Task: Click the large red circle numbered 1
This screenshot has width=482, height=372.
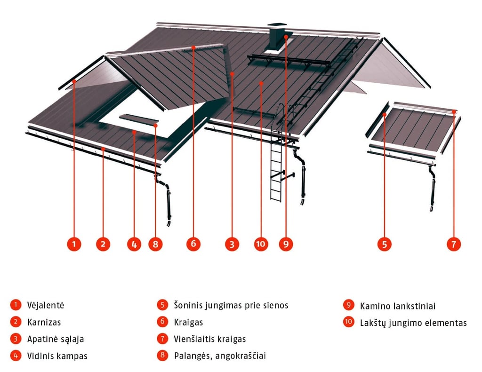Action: [x=74, y=244]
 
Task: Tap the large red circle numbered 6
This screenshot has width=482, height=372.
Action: [x=193, y=244]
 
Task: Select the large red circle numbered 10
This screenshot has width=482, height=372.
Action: [x=261, y=244]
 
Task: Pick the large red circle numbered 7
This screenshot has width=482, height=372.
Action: [x=454, y=244]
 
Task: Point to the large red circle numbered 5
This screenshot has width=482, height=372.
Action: [x=385, y=244]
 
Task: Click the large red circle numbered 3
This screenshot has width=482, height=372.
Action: [x=232, y=244]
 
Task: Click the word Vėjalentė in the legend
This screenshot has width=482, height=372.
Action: [x=45, y=305]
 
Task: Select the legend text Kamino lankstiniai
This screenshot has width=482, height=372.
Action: [x=398, y=306]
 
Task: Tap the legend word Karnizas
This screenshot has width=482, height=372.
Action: [x=44, y=322]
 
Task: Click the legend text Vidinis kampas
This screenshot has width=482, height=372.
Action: [x=57, y=356]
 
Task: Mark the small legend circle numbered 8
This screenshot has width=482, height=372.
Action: [x=162, y=355]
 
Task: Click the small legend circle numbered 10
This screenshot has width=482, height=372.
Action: [x=349, y=322]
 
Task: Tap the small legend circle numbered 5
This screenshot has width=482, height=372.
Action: [x=162, y=305]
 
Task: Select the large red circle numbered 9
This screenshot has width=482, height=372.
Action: [x=286, y=244]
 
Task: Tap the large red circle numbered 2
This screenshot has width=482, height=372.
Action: [x=103, y=244]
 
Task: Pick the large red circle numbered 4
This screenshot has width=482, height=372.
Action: [x=134, y=244]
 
